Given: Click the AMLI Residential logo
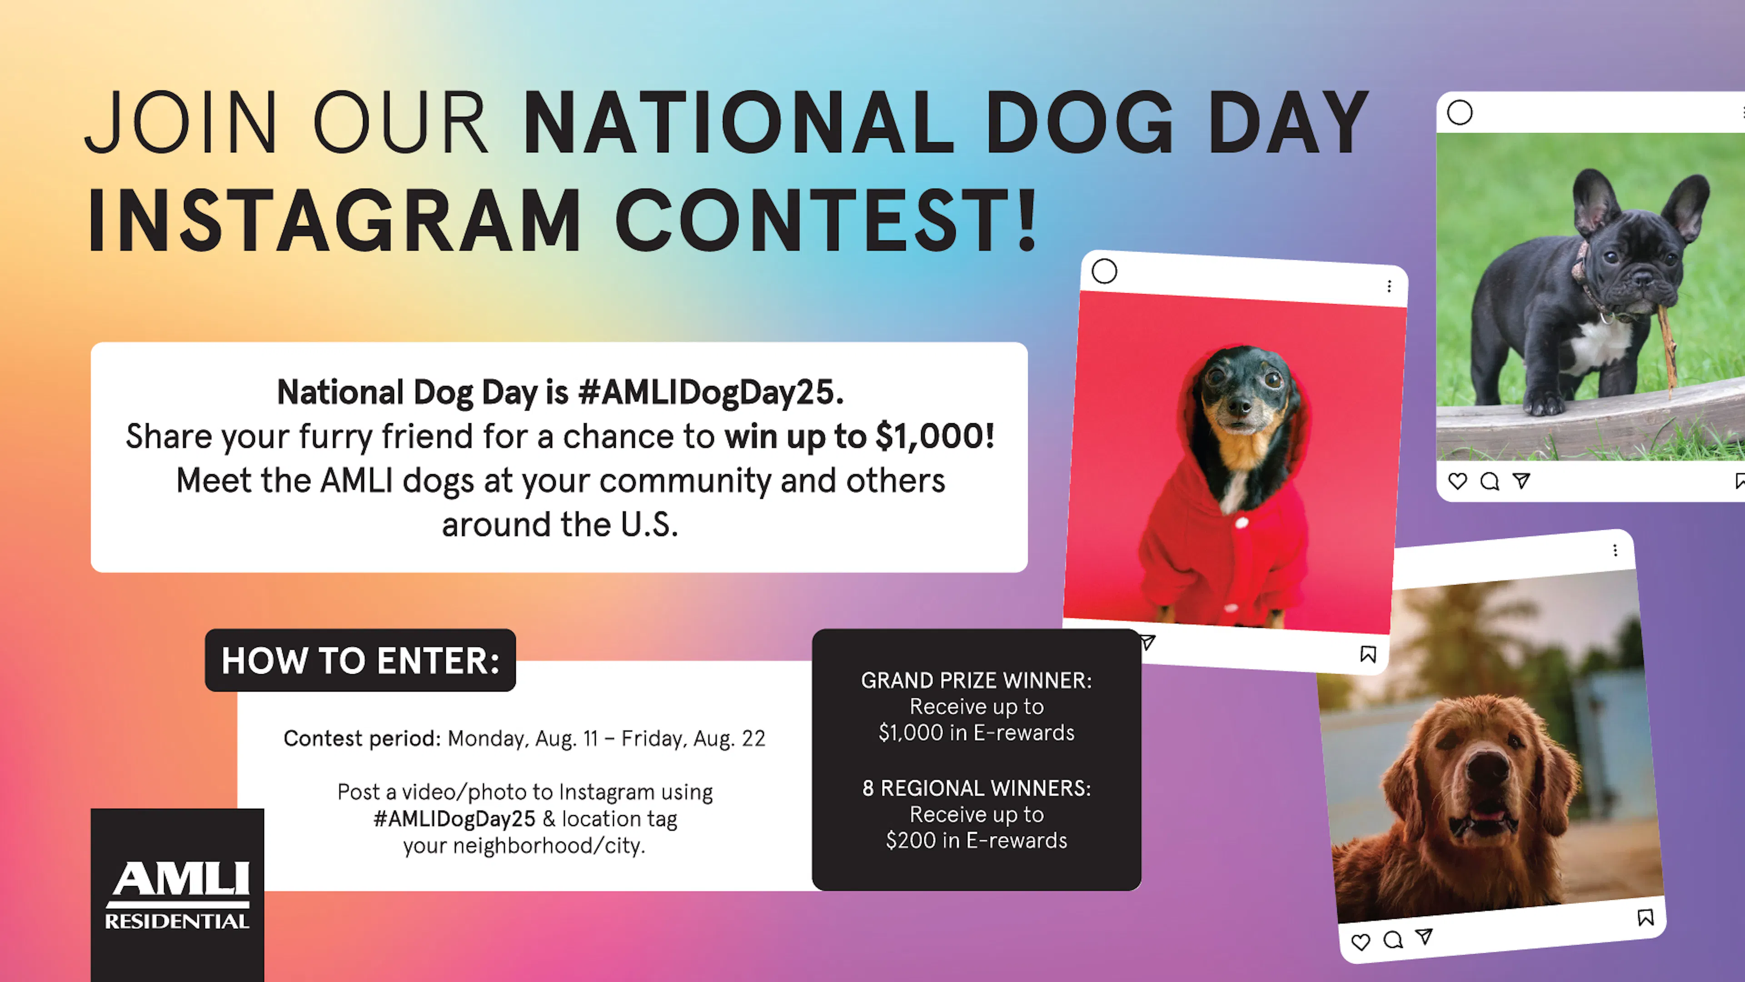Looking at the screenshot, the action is (178, 895).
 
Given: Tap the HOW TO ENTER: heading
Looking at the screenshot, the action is (360, 661).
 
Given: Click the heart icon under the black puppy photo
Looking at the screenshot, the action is (1457, 481).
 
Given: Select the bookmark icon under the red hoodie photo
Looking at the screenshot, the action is (1368, 654).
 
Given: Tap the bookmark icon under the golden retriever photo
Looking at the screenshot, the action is (1645, 917).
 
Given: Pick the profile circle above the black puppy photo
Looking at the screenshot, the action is (1460, 112).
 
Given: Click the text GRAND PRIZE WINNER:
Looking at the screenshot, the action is (976, 681).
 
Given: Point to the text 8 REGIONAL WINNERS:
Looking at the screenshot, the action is (976, 788).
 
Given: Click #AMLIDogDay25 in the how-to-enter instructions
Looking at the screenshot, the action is (454, 819).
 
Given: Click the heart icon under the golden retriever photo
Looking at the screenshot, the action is (1360, 942).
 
